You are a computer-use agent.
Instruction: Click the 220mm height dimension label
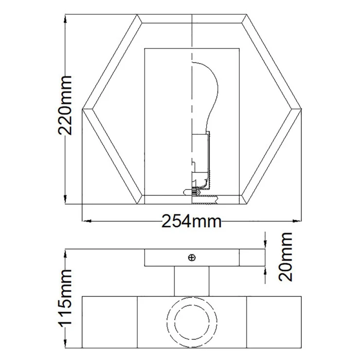pos(65,105)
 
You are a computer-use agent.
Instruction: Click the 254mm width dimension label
pos(192,221)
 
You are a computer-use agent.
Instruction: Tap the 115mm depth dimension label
pos(65,297)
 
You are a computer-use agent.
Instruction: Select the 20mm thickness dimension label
pos(286,257)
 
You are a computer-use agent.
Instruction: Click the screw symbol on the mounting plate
pos(192,258)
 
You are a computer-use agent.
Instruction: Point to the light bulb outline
pos(205,96)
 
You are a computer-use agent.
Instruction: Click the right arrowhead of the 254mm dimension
pos(297,221)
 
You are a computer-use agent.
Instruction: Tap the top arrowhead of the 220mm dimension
pos(66,19)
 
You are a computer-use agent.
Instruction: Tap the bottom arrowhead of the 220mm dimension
pos(66,199)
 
